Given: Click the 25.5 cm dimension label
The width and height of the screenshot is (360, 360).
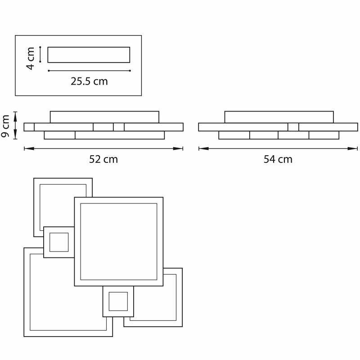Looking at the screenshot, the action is coord(89,81).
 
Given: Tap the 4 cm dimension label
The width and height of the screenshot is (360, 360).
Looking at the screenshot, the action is coord(30,58).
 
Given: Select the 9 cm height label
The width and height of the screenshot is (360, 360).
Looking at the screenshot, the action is coord(5,126).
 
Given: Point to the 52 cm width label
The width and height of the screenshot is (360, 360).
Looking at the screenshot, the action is coord(103,159).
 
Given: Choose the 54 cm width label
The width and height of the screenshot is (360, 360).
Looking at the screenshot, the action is coord(278,159).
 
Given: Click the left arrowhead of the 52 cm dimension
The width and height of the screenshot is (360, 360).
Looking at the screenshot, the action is coord(29,148).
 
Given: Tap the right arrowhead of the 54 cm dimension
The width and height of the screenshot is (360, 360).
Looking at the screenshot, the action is coord(352,148).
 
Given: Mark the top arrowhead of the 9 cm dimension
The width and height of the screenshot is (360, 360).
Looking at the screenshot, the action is coord(15,117).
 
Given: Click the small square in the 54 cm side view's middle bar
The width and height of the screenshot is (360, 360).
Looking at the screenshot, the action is coord(293,127).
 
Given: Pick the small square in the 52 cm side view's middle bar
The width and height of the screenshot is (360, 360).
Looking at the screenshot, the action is coord(119,127).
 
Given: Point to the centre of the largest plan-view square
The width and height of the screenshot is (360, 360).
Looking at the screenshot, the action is coord(119,242).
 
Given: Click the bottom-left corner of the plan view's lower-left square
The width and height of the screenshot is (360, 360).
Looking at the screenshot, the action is coord(24,337).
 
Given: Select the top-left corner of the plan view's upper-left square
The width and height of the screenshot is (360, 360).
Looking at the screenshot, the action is coord(34,178).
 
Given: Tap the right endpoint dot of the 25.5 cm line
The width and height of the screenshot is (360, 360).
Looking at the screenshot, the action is coord(130,71).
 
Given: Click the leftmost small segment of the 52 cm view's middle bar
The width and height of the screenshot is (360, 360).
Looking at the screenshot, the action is coord(29,127).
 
